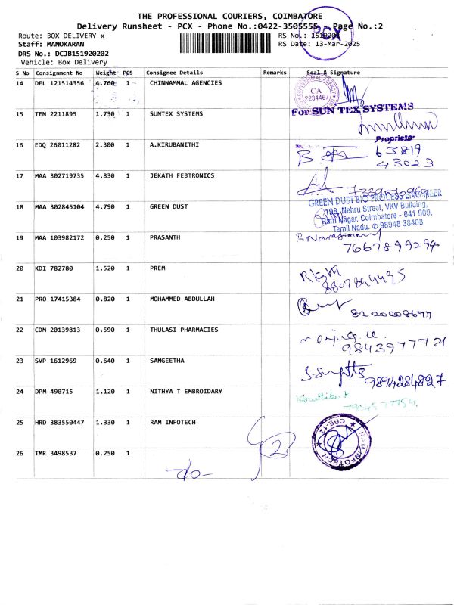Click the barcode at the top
[x=227, y=44]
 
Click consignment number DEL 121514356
[x=60, y=83]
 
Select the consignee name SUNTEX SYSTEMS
[x=176, y=114]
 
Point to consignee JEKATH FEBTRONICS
[x=182, y=175]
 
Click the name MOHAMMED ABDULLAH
[x=182, y=299]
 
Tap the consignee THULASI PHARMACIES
[x=184, y=330]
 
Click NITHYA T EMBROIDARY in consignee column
[x=185, y=391]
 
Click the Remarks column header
[x=274, y=73]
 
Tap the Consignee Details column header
[x=175, y=73]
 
